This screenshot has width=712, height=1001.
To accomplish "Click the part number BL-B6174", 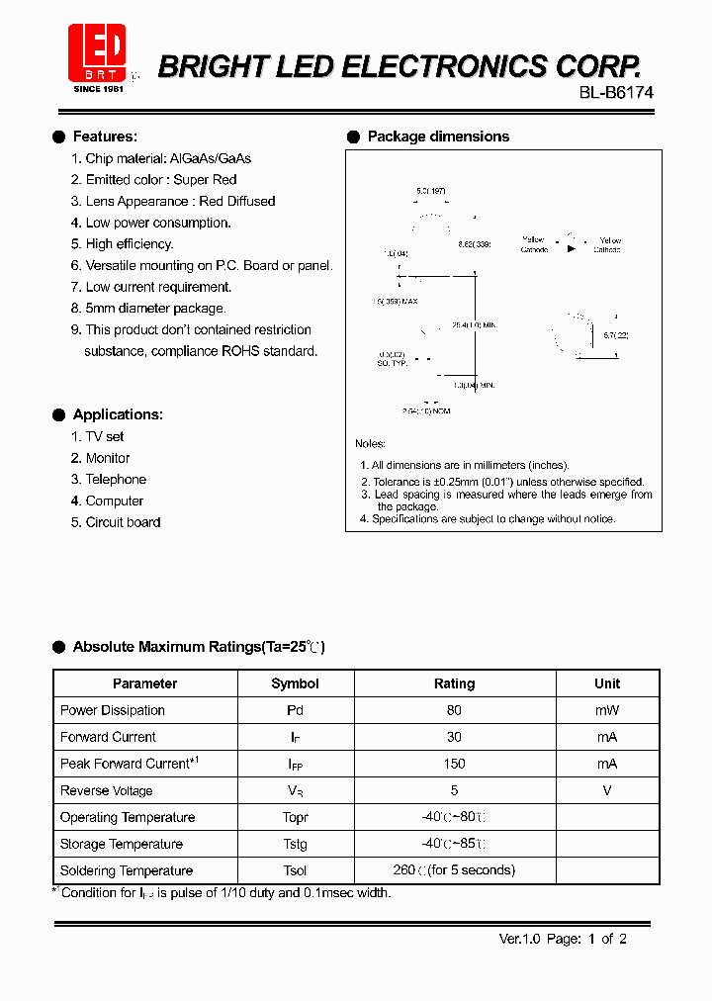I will click(616, 92).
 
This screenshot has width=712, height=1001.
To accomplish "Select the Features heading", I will click(105, 136).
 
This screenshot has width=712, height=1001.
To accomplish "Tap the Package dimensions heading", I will click(438, 136).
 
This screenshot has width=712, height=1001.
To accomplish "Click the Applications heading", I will click(118, 414).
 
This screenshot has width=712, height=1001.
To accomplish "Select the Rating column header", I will click(454, 683).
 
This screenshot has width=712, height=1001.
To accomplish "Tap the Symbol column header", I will click(295, 683).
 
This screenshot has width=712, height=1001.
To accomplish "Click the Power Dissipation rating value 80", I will click(454, 710).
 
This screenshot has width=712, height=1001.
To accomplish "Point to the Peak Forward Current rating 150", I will click(454, 764).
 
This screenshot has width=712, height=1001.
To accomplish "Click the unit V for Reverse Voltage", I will click(607, 790).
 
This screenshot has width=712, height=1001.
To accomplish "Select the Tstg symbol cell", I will click(295, 844).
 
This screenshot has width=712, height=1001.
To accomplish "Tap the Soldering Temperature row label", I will click(127, 870).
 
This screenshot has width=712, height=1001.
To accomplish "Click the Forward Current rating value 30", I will click(454, 737).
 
